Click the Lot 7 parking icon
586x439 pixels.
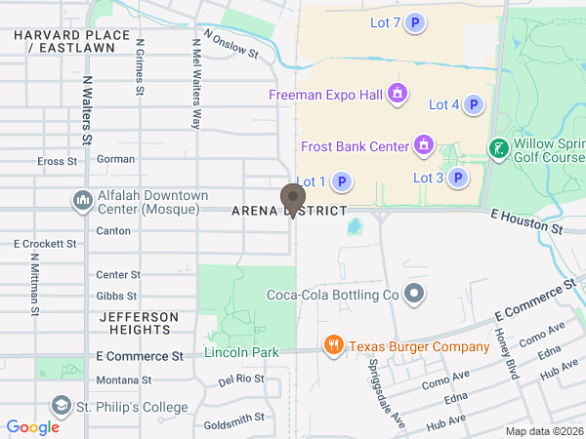pos(415,22)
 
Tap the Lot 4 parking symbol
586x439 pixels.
pos(474,104)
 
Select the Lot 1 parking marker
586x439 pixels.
pos(342,181)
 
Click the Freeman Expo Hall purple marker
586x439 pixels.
pos(398,95)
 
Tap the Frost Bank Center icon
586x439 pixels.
pos(423,146)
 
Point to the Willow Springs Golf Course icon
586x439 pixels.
pos(498,148)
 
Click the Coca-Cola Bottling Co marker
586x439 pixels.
pos(414,294)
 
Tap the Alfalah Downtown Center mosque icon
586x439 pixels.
pos(83,201)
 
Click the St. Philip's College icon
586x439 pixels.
pos(62,405)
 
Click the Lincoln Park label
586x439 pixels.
pos(241,352)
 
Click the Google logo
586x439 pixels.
pos(33,426)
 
